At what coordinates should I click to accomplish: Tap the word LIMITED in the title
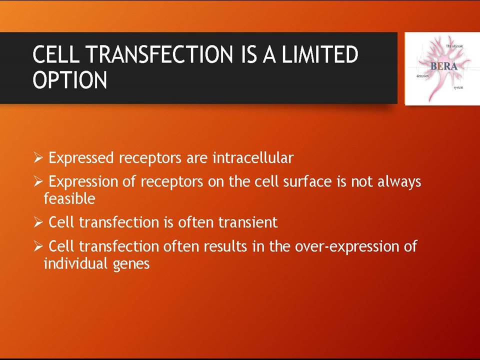pyautogui.click(x=319, y=54)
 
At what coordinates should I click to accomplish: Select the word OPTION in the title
pyautogui.click(x=70, y=79)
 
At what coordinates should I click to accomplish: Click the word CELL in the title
pyautogui.click(x=58, y=54)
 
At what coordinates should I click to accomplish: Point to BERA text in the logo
pyautogui.click(x=444, y=66)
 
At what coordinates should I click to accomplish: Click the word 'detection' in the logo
pyautogui.click(x=422, y=75)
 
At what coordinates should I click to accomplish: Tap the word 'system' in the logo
pyautogui.click(x=458, y=87)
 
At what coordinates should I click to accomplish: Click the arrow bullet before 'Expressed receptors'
pyautogui.click(x=38, y=158)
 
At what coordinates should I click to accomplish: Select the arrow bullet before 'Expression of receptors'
pyautogui.click(x=38, y=182)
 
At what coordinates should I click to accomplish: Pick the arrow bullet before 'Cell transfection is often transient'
pyautogui.click(x=38, y=222)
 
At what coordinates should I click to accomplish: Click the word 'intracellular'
pyautogui.click(x=253, y=157)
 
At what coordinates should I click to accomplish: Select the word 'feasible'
pyautogui.click(x=69, y=198)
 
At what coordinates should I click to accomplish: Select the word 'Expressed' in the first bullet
pyautogui.click(x=81, y=158)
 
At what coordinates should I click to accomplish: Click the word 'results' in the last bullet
pyautogui.click(x=225, y=246)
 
